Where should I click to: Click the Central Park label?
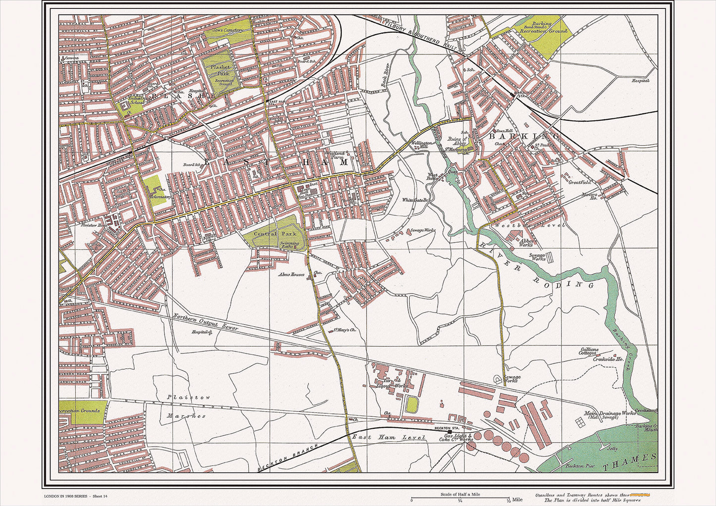point(268,234)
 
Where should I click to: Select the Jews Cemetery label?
point(227,30)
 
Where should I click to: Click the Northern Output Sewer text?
point(206,322)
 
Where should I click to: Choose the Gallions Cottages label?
point(589,352)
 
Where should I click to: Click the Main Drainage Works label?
point(603,413)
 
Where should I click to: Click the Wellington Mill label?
point(422,145)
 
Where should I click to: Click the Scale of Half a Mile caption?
point(460,494)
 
